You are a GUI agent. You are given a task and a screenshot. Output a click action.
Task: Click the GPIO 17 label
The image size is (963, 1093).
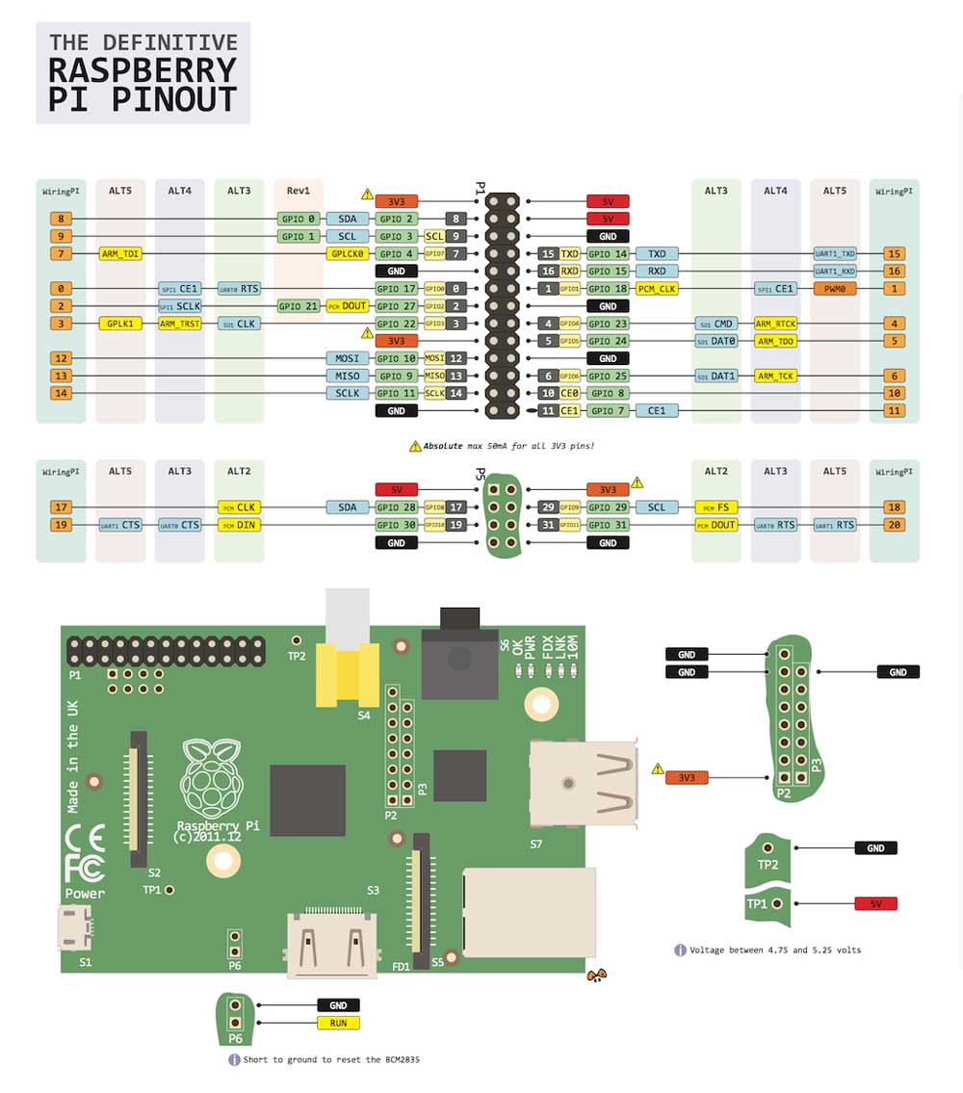(396, 289)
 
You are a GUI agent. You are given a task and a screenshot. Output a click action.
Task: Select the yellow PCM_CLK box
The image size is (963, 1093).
(656, 289)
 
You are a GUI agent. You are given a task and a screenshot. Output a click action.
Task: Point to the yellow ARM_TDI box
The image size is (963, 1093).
(120, 254)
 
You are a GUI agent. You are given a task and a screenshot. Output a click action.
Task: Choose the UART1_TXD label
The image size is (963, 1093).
(834, 254)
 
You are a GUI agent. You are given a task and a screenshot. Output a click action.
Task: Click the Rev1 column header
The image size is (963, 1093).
(298, 191)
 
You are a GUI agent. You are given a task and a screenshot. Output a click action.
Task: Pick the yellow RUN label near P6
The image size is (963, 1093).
(338, 1023)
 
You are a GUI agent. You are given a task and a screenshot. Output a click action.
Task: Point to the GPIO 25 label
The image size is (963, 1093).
(609, 376)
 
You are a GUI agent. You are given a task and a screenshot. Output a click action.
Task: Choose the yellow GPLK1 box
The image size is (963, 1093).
(120, 324)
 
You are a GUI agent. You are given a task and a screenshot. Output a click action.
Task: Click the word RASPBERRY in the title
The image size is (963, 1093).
(143, 70)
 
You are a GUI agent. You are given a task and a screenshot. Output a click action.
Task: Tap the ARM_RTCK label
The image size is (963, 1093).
(775, 324)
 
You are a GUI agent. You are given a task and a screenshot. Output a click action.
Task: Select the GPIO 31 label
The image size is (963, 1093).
(609, 525)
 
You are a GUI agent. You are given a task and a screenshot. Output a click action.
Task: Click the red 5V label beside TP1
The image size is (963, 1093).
(875, 904)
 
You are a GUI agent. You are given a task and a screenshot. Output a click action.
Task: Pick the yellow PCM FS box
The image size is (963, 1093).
(716, 507)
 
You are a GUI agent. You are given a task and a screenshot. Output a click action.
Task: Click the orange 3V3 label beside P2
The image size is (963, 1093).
(686, 777)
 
